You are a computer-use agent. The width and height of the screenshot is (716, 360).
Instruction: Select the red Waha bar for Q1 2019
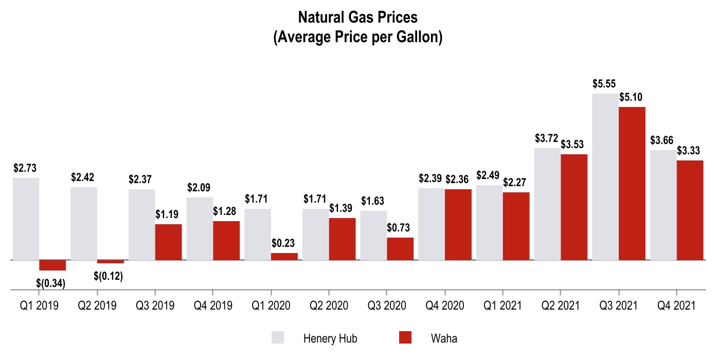point(52,265)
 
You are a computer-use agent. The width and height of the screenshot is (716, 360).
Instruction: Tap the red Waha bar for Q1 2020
point(284,257)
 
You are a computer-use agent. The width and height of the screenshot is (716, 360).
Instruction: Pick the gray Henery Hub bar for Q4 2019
point(200,229)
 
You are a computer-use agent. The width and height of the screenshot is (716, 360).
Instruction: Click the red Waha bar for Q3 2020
point(400,249)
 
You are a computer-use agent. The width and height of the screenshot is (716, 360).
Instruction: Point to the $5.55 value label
point(604,84)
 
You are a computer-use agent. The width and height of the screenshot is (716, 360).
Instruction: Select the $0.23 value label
point(284,243)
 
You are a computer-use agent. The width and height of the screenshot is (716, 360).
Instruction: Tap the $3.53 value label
point(574,145)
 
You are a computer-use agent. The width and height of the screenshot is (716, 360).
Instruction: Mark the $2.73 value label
point(25,168)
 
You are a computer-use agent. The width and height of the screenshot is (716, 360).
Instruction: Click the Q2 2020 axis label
point(329,305)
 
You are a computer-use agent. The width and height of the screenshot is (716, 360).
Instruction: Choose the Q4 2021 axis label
point(676,305)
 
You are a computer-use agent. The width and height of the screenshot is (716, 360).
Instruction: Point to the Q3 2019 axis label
point(155,305)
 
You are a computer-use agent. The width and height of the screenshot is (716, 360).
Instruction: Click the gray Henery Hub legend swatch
point(278,337)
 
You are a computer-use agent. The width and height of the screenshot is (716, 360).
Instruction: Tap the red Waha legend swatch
point(405,337)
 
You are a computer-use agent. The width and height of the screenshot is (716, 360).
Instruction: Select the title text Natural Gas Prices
point(358,17)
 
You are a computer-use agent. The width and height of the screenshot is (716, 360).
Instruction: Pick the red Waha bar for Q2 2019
point(110,262)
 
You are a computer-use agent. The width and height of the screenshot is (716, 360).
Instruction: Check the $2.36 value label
point(458,179)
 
